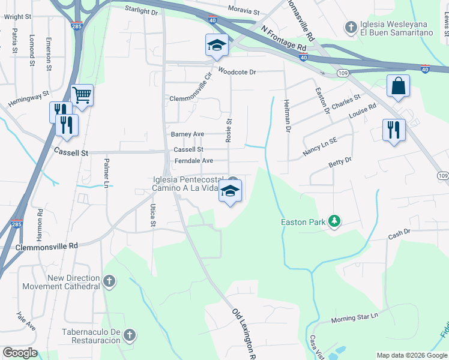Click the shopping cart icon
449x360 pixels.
click(x=82, y=95)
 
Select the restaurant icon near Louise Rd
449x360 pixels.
click(x=394, y=130)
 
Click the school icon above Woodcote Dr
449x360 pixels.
click(x=216, y=45)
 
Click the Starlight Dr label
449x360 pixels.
click(x=141, y=10)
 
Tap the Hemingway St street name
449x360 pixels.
click(x=28, y=100)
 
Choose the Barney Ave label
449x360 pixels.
click(x=187, y=134)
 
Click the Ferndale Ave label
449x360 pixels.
click(x=194, y=161)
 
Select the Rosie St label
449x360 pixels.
click(x=229, y=130)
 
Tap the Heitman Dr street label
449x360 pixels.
click(x=287, y=116)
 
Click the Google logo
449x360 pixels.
click(x=20, y=353)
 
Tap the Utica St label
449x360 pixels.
click(x=152, y=215)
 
